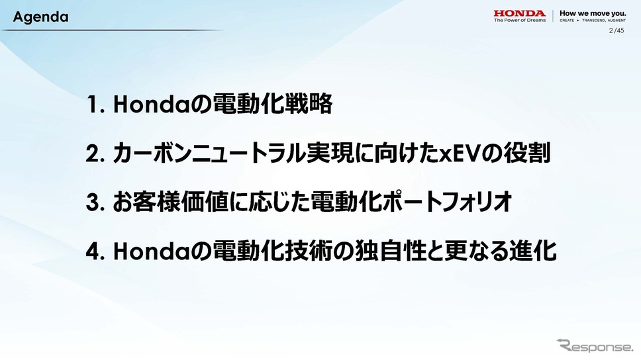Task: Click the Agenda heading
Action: coord(41,17)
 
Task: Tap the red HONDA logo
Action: coord(519,13)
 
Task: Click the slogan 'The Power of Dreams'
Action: coord(520,20)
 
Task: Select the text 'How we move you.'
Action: coord(593,13)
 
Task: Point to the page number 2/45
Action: coord(616,30)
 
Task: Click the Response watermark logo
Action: coord(594,345)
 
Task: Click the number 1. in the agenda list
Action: coord(97,105)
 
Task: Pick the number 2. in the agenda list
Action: coord(97,154)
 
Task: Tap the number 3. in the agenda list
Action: coord(97,202)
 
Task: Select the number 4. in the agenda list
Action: coord(97,251)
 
